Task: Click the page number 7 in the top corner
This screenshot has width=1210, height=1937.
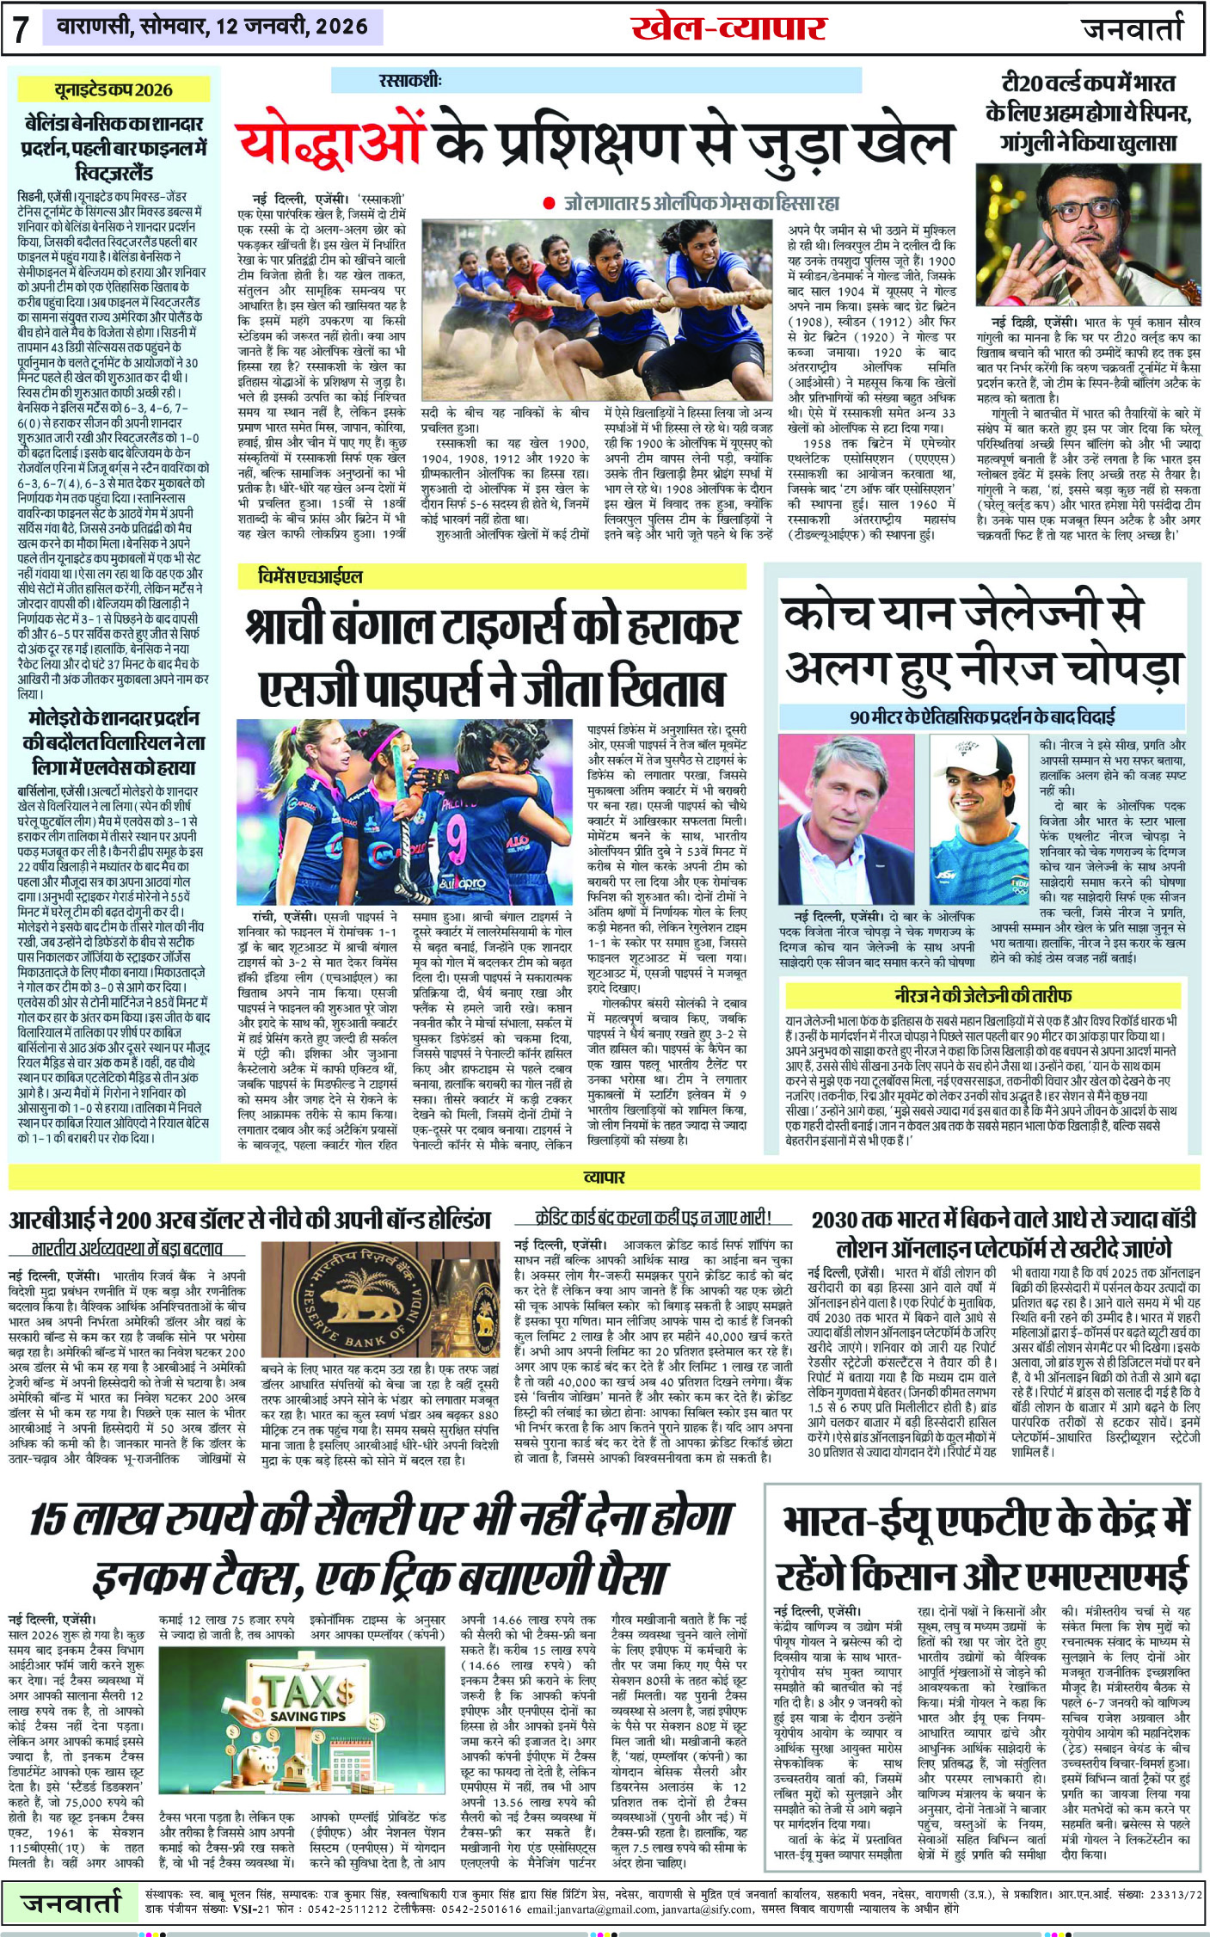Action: pos(21,28)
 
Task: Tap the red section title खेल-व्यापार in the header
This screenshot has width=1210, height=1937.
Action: pos(728,28)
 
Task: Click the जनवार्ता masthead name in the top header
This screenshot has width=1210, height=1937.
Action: pos(1133,28)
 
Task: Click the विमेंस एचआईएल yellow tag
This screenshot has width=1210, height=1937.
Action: pos(310,576)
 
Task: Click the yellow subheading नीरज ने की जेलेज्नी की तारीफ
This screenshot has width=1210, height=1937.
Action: pos(983,995)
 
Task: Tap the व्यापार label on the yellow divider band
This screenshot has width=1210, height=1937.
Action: pos(604,1176)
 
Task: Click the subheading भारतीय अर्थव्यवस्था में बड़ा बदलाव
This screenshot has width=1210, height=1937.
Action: pos(126,1248)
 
